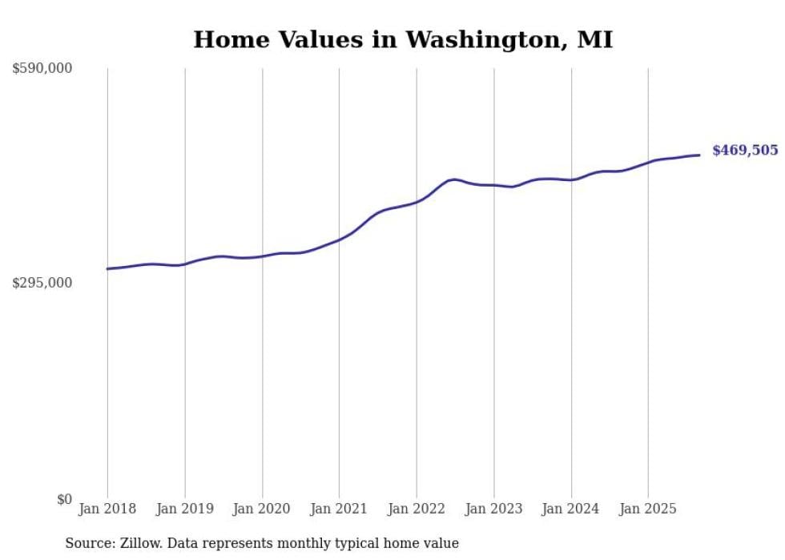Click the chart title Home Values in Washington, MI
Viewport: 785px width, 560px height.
[403, 39]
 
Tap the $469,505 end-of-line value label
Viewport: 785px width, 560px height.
[744, 151]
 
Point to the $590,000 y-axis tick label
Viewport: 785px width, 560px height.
[42, 69]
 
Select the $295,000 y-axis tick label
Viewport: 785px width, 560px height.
[42, 283]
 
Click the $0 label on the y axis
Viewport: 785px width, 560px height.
[64, 499]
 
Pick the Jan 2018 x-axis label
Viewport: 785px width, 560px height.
[107, 509]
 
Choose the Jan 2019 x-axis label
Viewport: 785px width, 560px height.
[185, 509]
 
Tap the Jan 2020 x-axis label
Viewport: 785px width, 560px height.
[262, 509]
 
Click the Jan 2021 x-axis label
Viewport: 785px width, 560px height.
[339, 509]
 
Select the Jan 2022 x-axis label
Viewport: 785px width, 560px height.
[417, 509]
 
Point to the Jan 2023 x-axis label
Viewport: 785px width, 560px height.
[493, 509]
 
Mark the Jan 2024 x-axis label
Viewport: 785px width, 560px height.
[571, 509]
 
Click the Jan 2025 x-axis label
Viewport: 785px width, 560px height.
[648, 509]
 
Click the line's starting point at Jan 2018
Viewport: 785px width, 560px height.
[107, 268]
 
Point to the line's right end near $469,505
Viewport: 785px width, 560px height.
[699, 155]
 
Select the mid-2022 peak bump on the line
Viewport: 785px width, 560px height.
[453, 179]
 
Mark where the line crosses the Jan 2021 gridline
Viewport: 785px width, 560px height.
[339, 239]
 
